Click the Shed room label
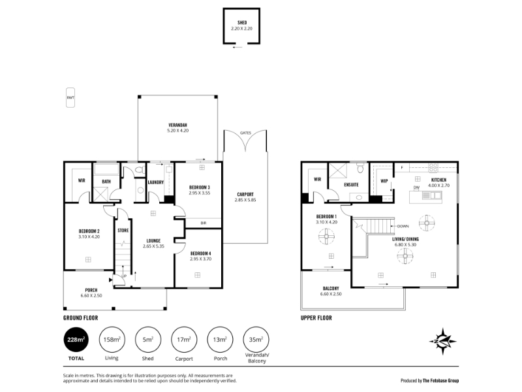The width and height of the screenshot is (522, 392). pyautogui.click(x=242, y=23)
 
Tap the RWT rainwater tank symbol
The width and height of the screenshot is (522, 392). pyautogui.click(x=70, y=97)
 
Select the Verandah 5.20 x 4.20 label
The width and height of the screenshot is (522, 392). pyautogui.click(x=177, y=128)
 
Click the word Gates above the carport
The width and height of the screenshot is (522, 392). pyautogui.click(x=245, y=133)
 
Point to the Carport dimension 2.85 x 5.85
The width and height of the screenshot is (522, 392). pyautogui.click(x=245, y=200)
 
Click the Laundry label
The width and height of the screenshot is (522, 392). pyautogui.click(x=156, y=182)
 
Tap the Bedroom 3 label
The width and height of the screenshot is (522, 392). pyautogui.click(x=200, y=188)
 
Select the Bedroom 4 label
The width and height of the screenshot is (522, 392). pyautogui.click(x=200, y=253)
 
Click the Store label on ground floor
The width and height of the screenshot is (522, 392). pyautogui.click(x=123, y=231)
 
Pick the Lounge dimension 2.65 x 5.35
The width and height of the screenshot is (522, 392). pyautogui.click(x=153, y=246)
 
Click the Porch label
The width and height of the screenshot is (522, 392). pyautogui.click(x=91, y=290)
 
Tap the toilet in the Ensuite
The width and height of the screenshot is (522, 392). pyautogui.click(x=360, y=168)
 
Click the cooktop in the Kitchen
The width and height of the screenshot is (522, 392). pyautogui.click(x=433, y=167)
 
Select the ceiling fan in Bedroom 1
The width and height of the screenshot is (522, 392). pyautogui.click(x=326, y=237)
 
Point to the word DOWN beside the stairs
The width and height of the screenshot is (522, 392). pyautogui.click(x=403, y=226)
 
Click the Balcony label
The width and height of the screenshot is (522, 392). pyautogui.click(x=331, y=288)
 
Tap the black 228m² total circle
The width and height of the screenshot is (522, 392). pyautogui.click(x=76, y=339)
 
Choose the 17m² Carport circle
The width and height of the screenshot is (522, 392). pyautogui.click(x=184, y=339)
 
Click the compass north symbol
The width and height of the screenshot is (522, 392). pyautogui.click(x=443, y=341)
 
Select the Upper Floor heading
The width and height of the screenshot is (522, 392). pyautogui.click(x=316, y=318)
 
